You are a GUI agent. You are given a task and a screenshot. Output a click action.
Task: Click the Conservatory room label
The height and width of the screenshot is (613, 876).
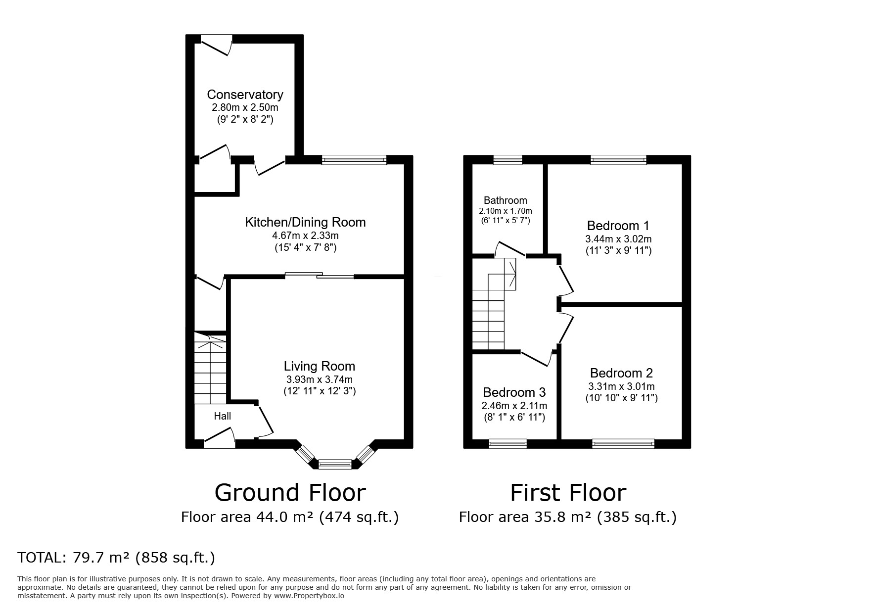(x=245, y=94)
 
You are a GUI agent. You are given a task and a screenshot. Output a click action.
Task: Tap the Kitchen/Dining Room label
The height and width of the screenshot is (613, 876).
(x=305, y=222)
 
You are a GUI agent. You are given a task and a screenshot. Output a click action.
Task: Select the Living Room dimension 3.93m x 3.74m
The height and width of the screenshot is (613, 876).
(x=320, y=379)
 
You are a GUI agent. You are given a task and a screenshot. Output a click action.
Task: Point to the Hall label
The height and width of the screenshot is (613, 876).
(x=222, y=416)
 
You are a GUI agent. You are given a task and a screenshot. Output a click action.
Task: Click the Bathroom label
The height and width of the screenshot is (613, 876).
(x=505, y=200)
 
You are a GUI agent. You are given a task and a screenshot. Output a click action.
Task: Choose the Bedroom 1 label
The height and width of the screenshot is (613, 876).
(x=618, y=226)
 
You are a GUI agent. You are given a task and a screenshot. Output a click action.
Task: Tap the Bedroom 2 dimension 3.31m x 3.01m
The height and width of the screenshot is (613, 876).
(x=621, y=386)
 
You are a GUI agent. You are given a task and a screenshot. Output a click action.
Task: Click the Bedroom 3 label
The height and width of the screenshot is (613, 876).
(x=514, y=392)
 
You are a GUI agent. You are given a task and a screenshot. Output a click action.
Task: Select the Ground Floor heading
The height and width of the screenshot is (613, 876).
(x=290, y=493)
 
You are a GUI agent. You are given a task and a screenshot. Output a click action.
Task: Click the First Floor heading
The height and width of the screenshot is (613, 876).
(x=568, y=493)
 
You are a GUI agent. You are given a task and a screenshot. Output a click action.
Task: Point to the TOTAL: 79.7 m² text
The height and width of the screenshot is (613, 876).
(x=74, y=558)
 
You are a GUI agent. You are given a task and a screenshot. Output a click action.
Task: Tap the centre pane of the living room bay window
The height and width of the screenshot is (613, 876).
(x=334, y=464)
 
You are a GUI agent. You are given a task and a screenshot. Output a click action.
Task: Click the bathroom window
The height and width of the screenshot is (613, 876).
(x=507, y=159)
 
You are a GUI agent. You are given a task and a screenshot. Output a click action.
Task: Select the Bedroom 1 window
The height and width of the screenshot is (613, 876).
(x=618, y=159)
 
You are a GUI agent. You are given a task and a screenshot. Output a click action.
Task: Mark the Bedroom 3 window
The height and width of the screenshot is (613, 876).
(x=507, y=444)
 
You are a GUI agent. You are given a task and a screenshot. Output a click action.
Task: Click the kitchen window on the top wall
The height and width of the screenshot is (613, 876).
(x=354, y=159)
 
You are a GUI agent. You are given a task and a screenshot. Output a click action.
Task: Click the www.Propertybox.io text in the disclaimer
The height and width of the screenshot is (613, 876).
(x=309, y=596)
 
